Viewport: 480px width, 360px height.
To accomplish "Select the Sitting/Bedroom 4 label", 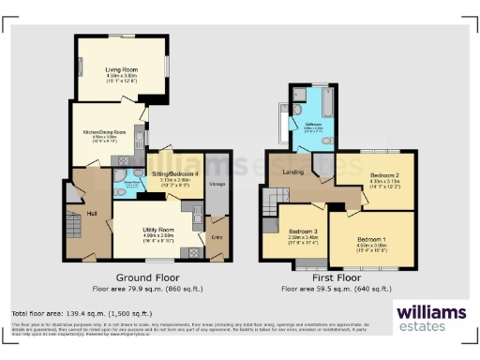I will [175, 174].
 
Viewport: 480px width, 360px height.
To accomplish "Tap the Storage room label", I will [217, 185].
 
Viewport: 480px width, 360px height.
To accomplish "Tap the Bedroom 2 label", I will [385, 175].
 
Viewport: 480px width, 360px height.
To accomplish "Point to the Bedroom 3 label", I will [302, 231].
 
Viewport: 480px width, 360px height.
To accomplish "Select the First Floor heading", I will [335, 278].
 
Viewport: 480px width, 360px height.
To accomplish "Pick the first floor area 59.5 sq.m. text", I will [335, 290].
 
